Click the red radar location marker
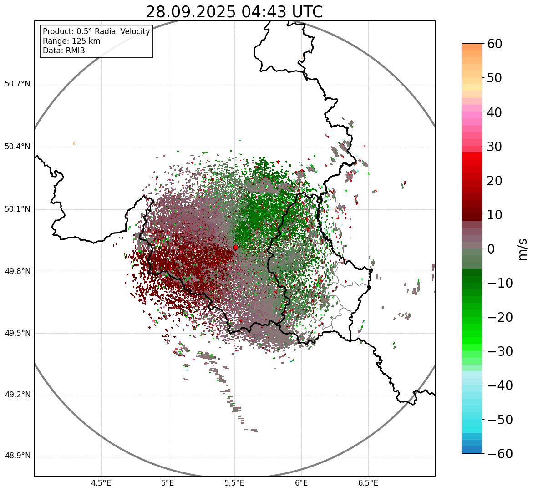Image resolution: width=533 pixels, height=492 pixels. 235,247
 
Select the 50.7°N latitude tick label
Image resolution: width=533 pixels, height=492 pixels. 17,84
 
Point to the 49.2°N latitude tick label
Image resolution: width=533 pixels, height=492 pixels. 17,395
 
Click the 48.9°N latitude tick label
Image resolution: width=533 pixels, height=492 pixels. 17,456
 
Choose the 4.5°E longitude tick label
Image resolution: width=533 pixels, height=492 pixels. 101,482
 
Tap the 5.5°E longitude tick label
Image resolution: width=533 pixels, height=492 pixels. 234,482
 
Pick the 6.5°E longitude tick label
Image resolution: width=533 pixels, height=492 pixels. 368,482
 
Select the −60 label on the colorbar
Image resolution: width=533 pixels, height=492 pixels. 498,454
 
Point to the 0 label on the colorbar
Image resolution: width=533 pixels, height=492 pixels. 491,249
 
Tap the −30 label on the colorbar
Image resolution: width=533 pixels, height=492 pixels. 498,351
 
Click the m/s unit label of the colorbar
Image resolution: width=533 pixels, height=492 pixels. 523,249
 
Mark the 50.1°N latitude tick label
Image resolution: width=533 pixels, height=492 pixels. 17,209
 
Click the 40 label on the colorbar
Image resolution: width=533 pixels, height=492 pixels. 495,112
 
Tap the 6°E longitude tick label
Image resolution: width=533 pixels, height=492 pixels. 301,482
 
